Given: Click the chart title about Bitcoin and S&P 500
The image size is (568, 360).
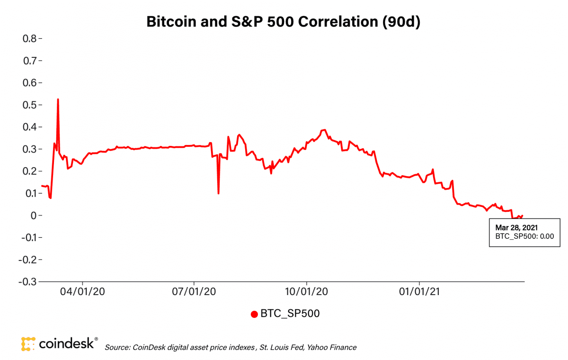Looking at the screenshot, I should point(284,22).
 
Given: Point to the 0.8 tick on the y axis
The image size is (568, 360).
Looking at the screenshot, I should point(29,38).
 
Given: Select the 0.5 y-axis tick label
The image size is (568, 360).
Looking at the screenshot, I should point(29,105).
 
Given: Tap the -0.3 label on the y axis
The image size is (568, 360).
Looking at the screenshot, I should point(27,281).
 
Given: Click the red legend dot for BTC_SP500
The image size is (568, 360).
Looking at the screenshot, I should point(254,314).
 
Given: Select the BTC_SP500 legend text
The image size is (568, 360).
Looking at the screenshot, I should point(290,314).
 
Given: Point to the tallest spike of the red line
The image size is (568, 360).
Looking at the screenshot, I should point(58,99).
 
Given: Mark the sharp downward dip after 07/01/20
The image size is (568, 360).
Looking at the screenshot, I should point(218,193).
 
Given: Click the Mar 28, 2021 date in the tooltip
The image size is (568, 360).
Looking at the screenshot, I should point(516,227).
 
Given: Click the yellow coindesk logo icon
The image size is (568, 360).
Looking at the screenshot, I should point(28,344).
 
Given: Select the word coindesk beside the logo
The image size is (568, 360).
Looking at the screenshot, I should point(66,343).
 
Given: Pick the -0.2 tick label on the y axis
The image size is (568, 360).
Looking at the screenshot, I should point(27,259).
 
